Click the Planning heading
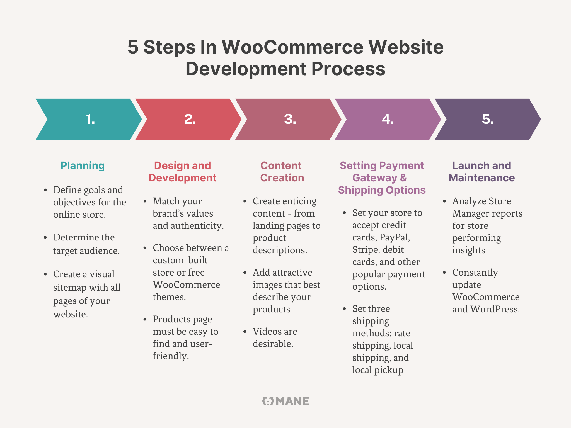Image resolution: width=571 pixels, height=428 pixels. tap(83, 166)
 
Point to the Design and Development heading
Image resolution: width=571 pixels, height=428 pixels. tap(182, 172)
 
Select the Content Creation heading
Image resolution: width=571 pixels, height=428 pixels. tap(282, 172)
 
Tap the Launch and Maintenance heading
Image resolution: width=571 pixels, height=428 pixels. tap(482, 172)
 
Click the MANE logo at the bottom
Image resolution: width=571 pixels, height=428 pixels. tap(285, 401)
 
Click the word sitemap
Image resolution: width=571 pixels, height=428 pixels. tap(69, 287)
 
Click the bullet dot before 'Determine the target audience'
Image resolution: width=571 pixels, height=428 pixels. tap(45, 237)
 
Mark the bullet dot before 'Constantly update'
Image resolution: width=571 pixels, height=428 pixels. tap(444, 273)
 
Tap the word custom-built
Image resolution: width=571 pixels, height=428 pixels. tap(180, 260)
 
